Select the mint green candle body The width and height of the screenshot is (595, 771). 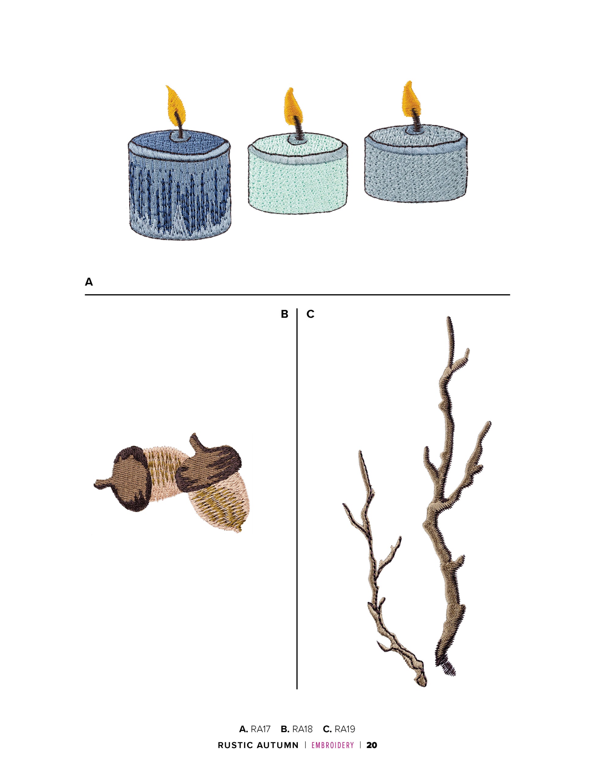tap(298, 177)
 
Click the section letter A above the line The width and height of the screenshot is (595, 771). tap(89, 282)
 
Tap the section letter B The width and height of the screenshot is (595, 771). tap(285, 314)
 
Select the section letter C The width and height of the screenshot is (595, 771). tap(310, 314)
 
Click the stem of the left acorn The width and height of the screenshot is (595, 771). tap(102, 484)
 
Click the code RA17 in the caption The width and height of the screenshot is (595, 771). tap(260, 729)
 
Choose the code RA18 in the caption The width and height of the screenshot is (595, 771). tap(302, 729)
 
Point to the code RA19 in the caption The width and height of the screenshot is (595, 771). tap(345, 729)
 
